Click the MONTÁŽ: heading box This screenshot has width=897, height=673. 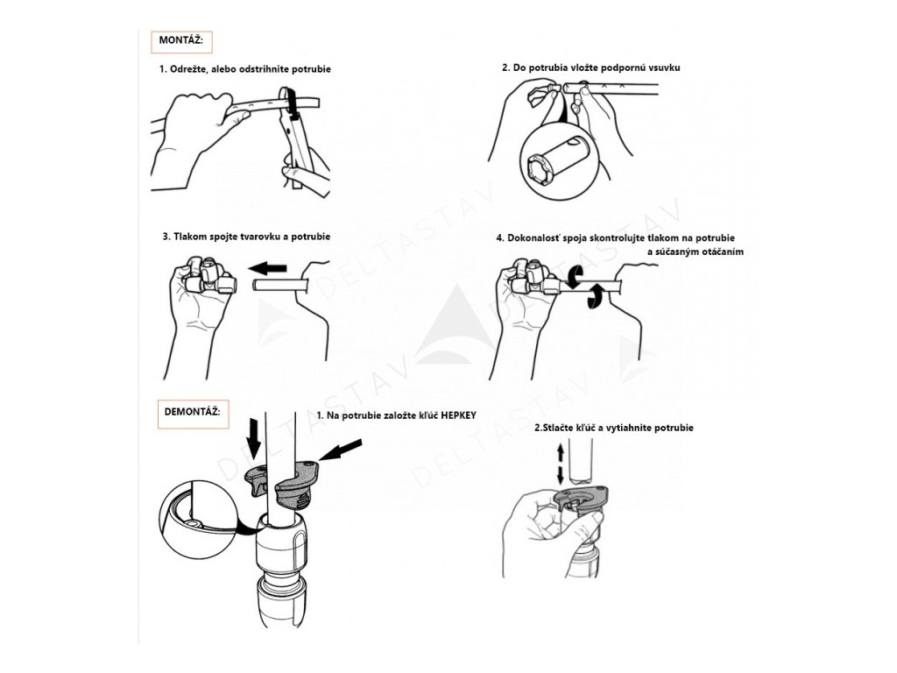(181, 42)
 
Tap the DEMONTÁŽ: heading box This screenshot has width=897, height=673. (194, 414)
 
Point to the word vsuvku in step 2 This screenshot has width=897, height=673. (663, 67)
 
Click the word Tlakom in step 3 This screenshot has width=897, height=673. (189, 237)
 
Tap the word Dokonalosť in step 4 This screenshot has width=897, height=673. (533, 238)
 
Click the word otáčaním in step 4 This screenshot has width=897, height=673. (721, 251)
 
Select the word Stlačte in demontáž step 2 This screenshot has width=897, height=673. (557, 428)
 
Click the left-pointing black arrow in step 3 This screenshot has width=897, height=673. (267, 267)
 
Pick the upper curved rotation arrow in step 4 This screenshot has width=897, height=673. (575, 278)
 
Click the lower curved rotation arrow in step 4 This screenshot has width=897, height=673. (596, 295)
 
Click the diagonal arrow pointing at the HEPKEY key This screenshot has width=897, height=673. (341, 450)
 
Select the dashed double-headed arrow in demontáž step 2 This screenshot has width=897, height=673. (561, 464)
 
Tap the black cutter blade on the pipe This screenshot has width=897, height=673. (293, 103)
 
